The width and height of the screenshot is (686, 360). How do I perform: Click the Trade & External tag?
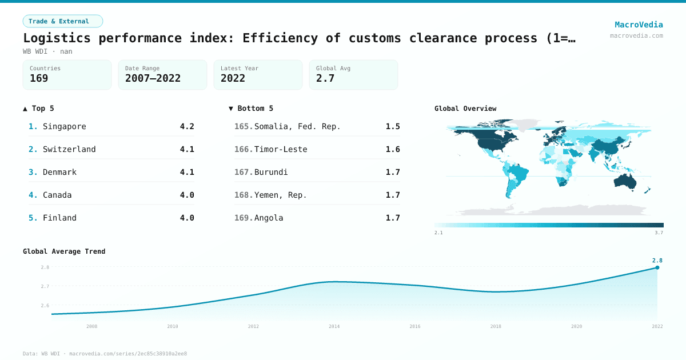62,21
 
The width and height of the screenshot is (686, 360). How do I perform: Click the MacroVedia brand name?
639,25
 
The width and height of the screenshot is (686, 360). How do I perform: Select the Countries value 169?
39,79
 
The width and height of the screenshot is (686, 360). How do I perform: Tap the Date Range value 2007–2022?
153,79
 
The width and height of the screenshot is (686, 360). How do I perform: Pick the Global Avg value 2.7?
325,79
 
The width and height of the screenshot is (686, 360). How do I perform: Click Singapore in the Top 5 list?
64,126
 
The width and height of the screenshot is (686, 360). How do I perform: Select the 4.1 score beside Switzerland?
187,149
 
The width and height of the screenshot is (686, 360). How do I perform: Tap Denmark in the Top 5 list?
59,172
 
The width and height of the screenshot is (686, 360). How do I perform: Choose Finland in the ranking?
59,218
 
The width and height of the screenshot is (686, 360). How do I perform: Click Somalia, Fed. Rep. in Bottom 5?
297,126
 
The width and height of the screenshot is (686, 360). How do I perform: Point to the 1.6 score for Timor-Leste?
393,149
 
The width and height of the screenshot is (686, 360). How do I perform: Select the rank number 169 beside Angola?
244,218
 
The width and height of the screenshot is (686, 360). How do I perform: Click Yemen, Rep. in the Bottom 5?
281,195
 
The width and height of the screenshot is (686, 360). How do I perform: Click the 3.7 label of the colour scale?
659,233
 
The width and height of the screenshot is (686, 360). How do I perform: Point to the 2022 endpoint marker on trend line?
657,267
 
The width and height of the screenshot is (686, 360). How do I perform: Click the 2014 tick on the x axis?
334,326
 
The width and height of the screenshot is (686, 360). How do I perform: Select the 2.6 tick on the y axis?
45,305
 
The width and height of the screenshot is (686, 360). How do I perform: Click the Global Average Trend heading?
64,251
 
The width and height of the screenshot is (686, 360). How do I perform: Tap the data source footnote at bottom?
105,354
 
